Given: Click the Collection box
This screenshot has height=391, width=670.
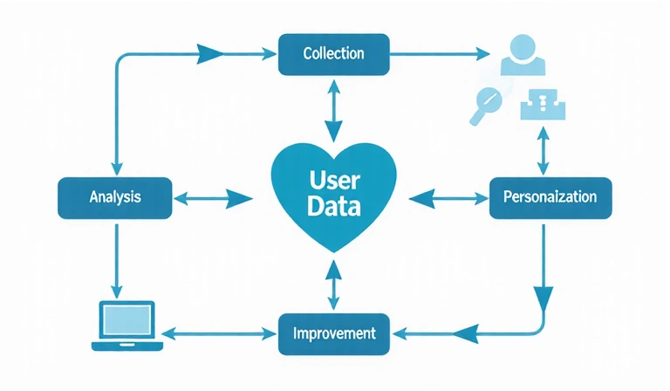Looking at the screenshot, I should click(x=333, y=54).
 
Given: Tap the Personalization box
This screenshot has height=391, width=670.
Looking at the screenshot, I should click(x=550, y=197).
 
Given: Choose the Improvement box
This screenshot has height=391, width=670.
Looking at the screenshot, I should click(x=334, y=333).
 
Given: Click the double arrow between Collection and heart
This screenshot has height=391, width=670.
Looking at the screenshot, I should click(x=332, y=109).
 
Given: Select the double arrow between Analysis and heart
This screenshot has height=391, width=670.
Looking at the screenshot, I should click(x=214, y=198).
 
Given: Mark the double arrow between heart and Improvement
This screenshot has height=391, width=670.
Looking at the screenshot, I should click(x=332, y=282).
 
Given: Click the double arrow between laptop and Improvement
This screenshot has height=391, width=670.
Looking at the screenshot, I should click(x=218, y=333).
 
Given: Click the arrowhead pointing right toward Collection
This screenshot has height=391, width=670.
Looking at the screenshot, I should click(x=209, y=54).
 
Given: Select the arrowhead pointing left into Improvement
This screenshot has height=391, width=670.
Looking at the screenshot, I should click(x=467, y=333).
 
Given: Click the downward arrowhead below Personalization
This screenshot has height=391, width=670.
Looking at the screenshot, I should click(x=544, y=297).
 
